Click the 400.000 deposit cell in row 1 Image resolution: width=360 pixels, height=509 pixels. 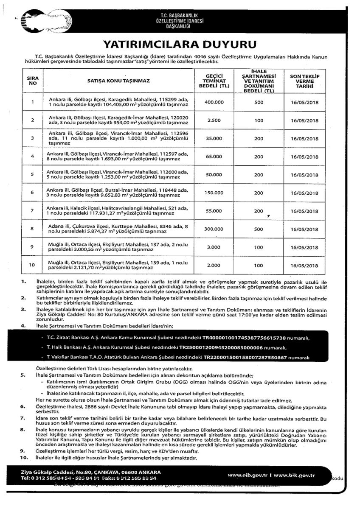[x=214, y=102]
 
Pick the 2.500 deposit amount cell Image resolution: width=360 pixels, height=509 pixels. [x=214, y=120]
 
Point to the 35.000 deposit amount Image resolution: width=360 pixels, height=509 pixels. [x=214, y=138]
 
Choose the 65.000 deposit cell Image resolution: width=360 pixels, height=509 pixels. [x=214, y=157]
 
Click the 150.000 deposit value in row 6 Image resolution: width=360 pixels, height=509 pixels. [x=214, y=193]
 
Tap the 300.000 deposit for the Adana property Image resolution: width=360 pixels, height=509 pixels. [x=214, y=229]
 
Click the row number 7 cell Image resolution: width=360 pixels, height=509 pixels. [x=33, y=211]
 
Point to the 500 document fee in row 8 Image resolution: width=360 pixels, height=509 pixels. [x=259, y=229]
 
